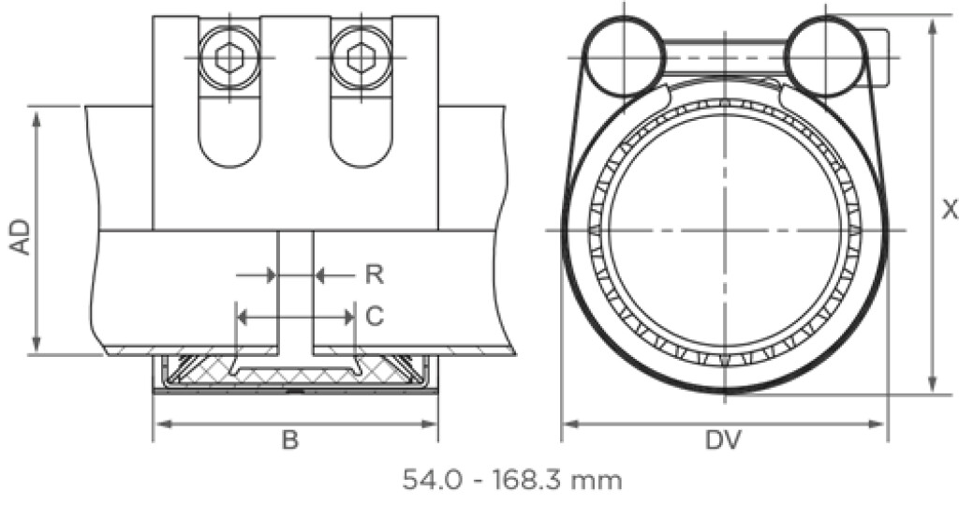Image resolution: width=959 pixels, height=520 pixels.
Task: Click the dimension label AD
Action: pyautogui.click(x=20, y=237)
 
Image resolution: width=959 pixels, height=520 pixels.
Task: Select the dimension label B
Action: pyautogui.click(x=290, y=440)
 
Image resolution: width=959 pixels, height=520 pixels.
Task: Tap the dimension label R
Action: pyautogui.click(x=374, y=275)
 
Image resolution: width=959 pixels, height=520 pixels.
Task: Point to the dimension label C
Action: pyautogui.click(x=374, y=318)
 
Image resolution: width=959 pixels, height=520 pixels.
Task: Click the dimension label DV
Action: pyautogui.click(x=724, y=440)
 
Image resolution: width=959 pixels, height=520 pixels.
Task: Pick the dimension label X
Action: pyautogui.click(x=949, y=210)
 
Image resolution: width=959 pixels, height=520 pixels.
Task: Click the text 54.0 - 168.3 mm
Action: pyautogui.click(x=512, y=482)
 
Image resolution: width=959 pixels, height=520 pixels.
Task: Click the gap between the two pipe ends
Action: pyautogui.click(x=295, y=290)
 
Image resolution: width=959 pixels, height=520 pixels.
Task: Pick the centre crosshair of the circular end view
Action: pyautogui.click(x=724, y=230)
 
